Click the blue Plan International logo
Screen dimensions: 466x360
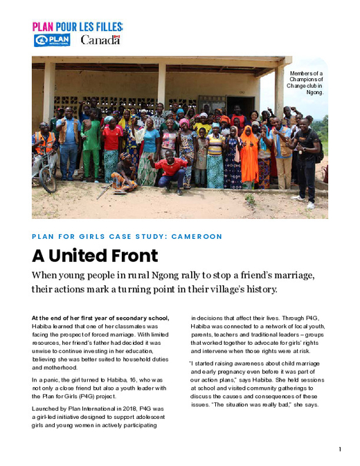point(51,40)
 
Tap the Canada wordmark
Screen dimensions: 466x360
point(100,40)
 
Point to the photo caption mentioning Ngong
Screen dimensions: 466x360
point(307,82)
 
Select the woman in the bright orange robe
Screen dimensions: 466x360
point(249,158)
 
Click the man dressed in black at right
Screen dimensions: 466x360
point(307,159)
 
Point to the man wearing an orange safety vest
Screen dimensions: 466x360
point(44,149)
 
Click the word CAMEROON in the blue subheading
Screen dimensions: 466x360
point(197,237)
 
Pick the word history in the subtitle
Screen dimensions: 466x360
point(257,289)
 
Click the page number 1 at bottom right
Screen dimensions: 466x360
point(339,450)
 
